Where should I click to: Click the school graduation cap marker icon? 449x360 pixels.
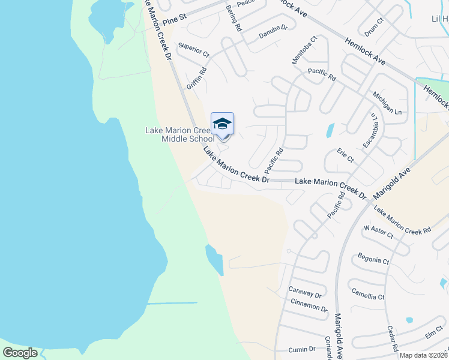[x=222, y=124]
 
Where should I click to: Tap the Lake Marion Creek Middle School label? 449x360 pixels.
[x=180, y=135]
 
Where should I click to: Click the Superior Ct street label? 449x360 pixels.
[x=194, y=50]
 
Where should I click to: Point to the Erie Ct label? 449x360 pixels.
[x=345, y=155]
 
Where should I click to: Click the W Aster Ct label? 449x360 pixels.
[x=378, y=232]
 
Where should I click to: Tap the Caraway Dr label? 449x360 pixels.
[x=305, y=293]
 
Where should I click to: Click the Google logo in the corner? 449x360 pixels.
[x=20, y=353]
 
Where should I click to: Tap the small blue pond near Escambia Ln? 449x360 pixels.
[x=330, y=130]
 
